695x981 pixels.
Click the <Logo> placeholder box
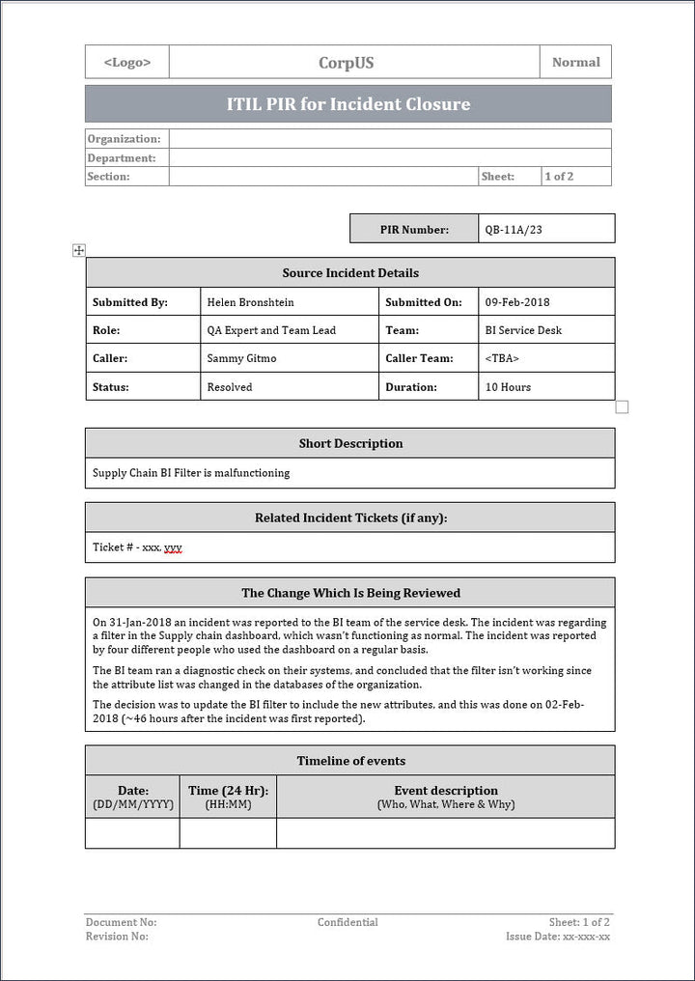click(x=126, y=62)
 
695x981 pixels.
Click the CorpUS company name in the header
click(x=347, y=63)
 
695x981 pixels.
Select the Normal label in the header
click(x=575, y=62)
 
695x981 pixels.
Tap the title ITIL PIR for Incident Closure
click(x=347, y=103)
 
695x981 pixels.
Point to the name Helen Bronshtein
click(x=251, y=302)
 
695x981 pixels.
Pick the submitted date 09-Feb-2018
click(x=518, y=302)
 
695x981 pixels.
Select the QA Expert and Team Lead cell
click(x=271, y=330)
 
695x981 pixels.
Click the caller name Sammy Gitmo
click(x=241, y=358)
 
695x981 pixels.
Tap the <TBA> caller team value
click(x=502, y=358)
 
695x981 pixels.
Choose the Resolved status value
click(x=230, y=387)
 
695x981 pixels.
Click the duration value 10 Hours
click(x=508, y=387)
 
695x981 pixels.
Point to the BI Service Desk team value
click(x=523, y=330)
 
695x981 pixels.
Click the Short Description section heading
click(x=350, y=443)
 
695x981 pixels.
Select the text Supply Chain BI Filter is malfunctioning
click(x=191, y=473)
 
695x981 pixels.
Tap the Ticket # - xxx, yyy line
click(x=137, y=547)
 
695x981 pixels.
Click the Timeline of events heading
click(x=350, y=761)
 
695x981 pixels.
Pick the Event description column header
click(x=446, y=791)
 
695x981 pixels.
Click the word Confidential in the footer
click(x=347, y=922)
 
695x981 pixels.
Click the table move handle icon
click(x=79, y=251)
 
